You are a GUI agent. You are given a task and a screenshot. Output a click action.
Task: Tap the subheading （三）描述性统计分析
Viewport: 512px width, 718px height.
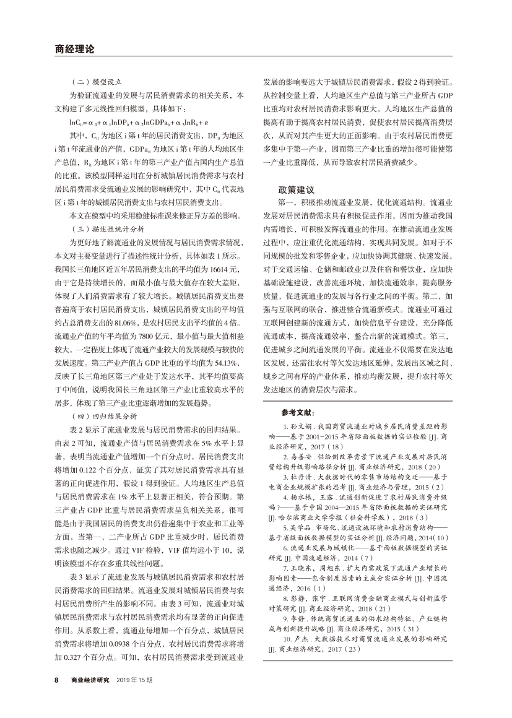(x=106, y=228)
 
